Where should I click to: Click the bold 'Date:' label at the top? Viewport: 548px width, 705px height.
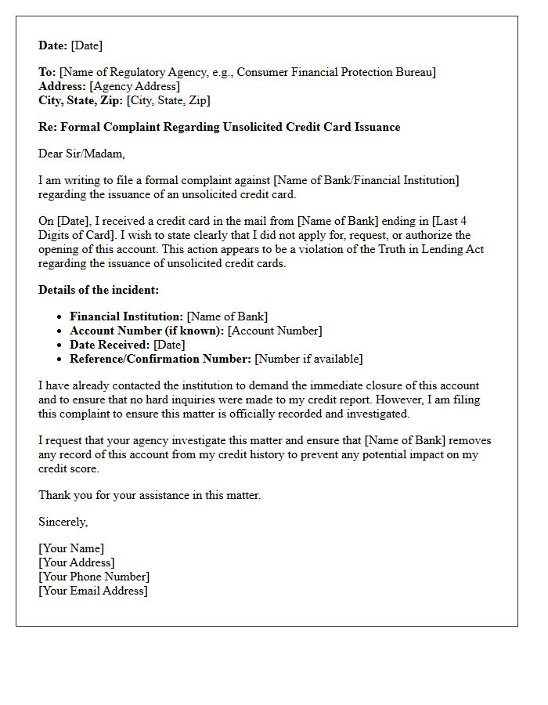click(53, 45)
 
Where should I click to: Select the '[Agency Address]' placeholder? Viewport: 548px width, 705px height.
click(135, 86)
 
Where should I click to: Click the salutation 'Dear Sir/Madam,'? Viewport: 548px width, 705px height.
click(81, 154)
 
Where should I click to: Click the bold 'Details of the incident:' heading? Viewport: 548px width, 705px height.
click(99, 290)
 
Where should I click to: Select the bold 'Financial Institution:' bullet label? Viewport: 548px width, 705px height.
click(127, 316)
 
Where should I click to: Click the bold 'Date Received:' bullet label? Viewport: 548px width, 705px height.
click(110, 345)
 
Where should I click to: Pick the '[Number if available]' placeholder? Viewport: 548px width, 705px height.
click(309, 359)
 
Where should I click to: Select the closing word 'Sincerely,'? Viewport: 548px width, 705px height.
click(63, 522)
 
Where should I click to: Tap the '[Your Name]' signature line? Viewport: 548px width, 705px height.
click(71, 548)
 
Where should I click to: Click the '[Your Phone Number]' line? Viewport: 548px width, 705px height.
click(94, 577)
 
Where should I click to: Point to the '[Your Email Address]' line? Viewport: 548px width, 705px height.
click(93, 591)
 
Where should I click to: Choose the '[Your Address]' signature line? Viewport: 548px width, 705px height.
click(77, 562)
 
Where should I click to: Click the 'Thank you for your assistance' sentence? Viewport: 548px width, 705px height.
click(150, 495)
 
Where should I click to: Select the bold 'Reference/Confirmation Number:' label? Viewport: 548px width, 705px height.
click(160, 359)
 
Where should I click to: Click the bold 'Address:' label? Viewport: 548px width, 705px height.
click(63, 86)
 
